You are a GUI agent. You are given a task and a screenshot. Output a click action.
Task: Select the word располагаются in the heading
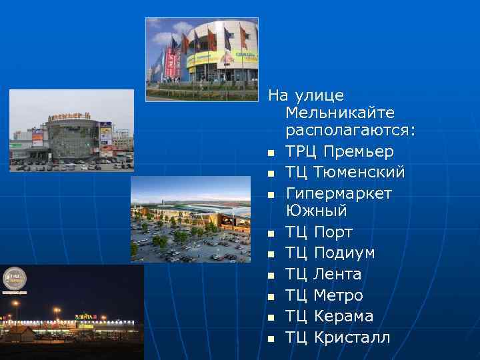click(349, 131)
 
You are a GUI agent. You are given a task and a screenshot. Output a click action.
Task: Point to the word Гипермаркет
click(339, 193)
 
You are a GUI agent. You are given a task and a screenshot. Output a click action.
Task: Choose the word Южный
click(316, 211)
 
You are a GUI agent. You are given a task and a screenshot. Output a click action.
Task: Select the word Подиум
click(344, 253)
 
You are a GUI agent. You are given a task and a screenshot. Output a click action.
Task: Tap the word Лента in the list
click(337, 274)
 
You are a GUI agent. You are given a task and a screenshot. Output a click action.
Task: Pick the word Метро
click(338, 295)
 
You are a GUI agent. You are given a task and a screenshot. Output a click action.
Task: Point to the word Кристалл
click(351, 337)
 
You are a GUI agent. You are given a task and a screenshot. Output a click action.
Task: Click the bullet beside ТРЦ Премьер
click(271, 153)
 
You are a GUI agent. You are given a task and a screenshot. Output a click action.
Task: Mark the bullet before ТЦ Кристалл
click(271, 338)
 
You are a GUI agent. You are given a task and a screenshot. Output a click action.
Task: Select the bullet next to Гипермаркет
click(271, 195)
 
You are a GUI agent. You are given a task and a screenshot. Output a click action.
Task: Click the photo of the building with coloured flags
click(201, 59)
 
